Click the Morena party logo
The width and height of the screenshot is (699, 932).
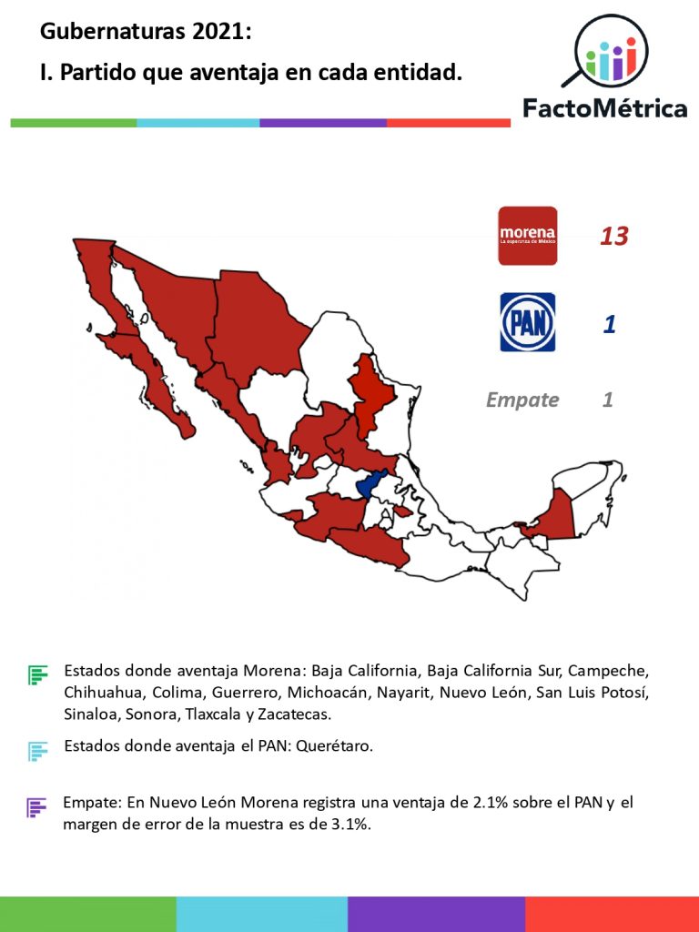[527, 236]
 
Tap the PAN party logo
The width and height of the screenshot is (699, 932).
[527, 322]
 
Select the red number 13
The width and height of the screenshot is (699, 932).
[613, 237]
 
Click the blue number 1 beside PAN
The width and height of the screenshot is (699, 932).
[610, 324]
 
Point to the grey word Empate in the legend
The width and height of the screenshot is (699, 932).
[522, 400]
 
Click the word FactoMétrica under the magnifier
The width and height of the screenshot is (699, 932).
[604, 109]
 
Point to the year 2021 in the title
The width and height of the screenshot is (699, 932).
[217, 32]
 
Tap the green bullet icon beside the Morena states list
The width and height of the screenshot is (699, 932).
[37, 674]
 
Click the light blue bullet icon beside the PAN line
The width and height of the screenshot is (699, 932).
[37, 751]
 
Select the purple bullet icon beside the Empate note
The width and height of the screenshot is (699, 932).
[36, 806]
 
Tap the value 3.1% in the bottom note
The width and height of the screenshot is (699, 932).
[347, 825]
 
